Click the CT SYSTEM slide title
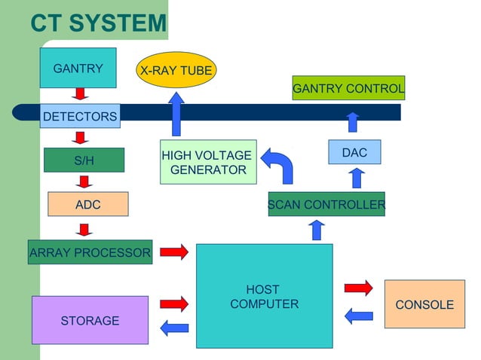pyautogui.click(x=98, y=23)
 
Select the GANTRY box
pyautogui.click(x=78, y=68)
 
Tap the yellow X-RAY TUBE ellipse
pyautogui.click(x=176, y=71)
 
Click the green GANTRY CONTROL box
pyautogui.click(x=348, y=88)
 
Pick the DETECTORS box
pyautogui.click(x=79, y=116)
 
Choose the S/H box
pyautogui.click(x=84, y=160)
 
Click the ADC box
pyautogui.click(x=87, y=204)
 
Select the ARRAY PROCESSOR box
pyautogui.click(x=90, y=253)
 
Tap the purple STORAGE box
pyautogui.click(x=90, y=320)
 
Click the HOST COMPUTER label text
pyautogui.click(x=264, y=297)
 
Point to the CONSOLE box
pyautogui.click(x=424, y=304)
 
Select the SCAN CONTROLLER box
pyautogui.click(x=326, y=204)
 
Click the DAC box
pyautogui.click(x=354, y=152)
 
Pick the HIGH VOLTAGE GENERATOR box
pyautogui.click(x=207, y=162)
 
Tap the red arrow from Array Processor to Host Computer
pyautogui.click(x=174, y=252)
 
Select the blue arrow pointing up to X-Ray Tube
pyautogui.click(x=176, y=114)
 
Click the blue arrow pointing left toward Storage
pyautogui.click(x=174, y=327)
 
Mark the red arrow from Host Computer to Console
pyautogui.click(x=358, y=288)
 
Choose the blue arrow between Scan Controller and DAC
pyautogui.click(x=357, y=178)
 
